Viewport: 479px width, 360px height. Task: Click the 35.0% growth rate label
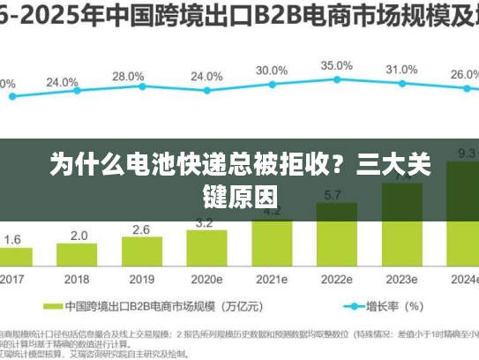pyautogui.click(x=337, y=66)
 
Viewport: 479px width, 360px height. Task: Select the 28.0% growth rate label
pyautogui.click(x=128, y=77)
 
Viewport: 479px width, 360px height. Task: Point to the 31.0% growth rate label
pyautogui.click(x=401, y=70)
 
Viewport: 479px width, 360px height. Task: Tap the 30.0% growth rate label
pyautogui.click(x=272, y=71)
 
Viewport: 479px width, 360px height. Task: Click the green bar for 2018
pyautogui.click(x=79, y=255)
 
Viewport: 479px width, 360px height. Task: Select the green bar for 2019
pyautogui.click(x=141, y=252)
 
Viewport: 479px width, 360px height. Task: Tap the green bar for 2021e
pyautogui.click(x=272, y=243)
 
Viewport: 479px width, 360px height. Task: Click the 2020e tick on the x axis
pyautogui.click(x=206, y=279)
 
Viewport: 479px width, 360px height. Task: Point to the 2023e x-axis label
pyautogui.click(x=401, y=279)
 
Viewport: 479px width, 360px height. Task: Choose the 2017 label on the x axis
pyautogui.click(x=12, y=279)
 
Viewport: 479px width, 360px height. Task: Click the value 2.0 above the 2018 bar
pyautogui.click(x=79, y=236)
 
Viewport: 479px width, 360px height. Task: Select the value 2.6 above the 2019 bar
pyautogui.click(x=141, y=229)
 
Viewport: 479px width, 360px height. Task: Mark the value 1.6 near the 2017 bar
pyautogui.click(x=13, y=239)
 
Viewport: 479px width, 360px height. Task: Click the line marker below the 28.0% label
pyautogui.click(x=141, y=86)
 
